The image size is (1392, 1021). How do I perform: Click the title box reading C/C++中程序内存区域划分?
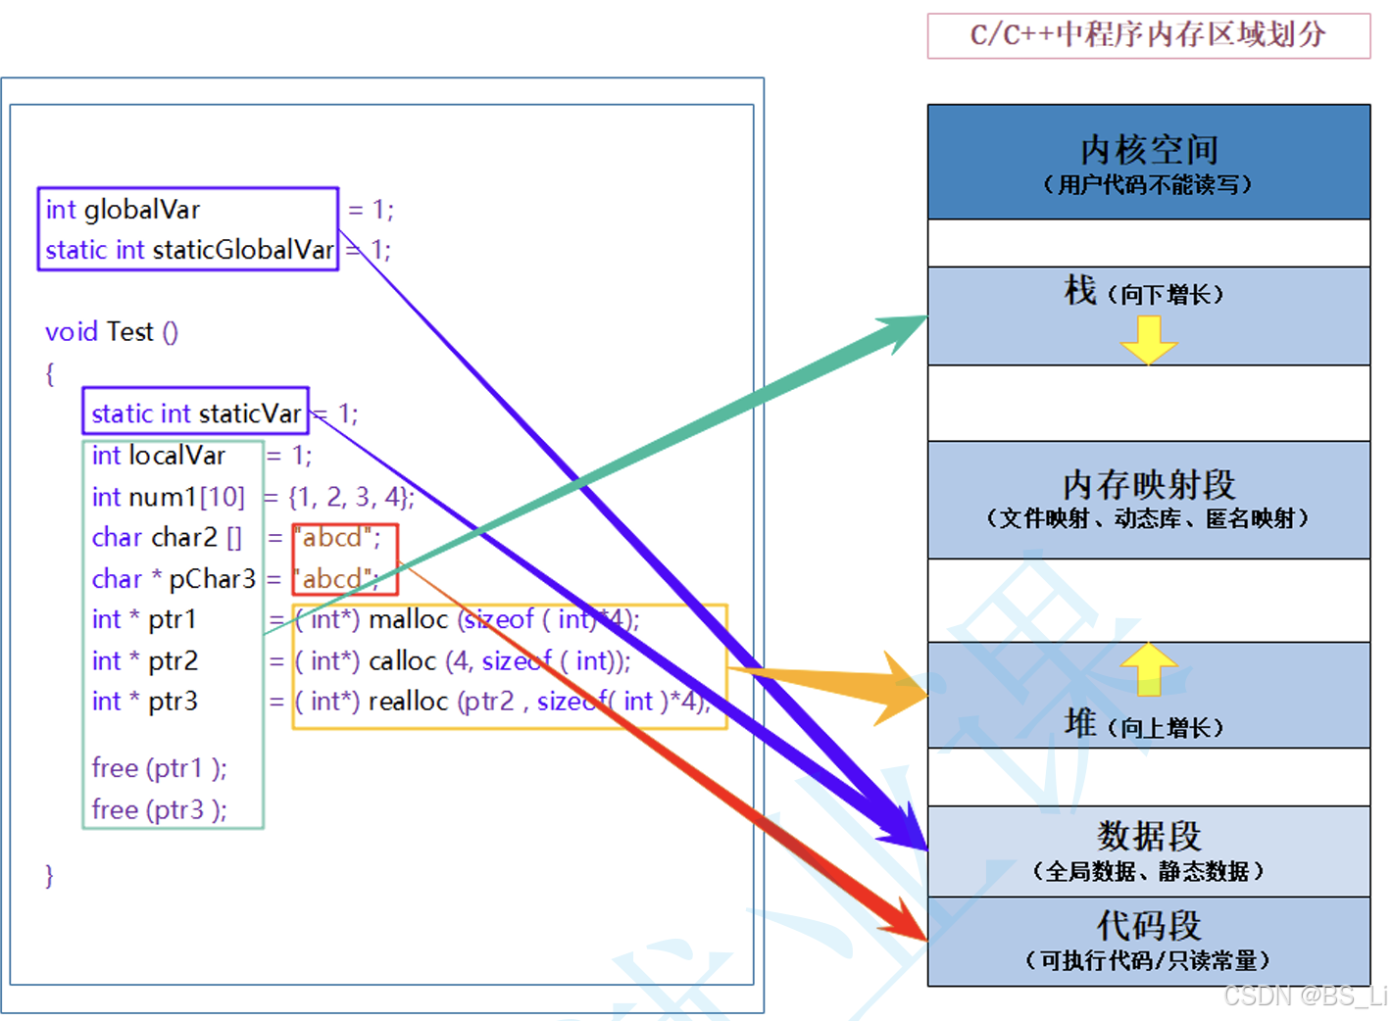tap(1148, 35)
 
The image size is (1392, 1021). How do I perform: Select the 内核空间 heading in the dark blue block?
tap(1149, 150)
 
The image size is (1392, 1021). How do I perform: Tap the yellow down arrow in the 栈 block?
tap(1148, 339)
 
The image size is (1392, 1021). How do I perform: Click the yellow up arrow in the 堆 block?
tap(1148, 668)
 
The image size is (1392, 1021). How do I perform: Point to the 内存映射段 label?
tap(1149, 485)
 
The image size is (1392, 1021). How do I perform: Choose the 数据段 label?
tap(1149, 836)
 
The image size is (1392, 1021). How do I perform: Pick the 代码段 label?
tap(1149, 925)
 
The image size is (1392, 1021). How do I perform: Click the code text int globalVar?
tap(123, 210)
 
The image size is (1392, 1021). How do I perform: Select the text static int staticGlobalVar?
tap(189, 250)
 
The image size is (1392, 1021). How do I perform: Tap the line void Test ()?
tap(112, 332)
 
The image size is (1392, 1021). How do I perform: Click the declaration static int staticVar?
tap(196, 413)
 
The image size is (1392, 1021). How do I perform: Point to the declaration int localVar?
tap(158, 456)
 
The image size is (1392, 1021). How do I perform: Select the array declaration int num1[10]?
tap(168, 497)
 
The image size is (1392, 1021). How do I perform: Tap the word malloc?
tap(408, 619)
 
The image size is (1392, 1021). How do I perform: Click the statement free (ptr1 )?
tap(159, 768)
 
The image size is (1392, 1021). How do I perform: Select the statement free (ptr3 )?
tap(159, 809)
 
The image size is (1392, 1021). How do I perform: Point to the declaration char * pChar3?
tap(174, 579)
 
